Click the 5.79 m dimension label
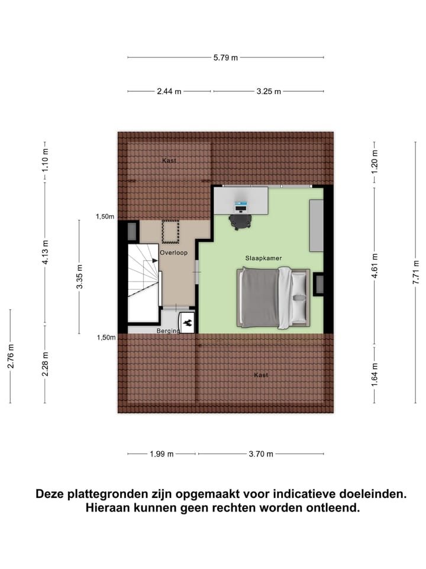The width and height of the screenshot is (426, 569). point(225,57)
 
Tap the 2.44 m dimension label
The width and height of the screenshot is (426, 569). point(169,91)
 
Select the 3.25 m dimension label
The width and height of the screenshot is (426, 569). point(269,91)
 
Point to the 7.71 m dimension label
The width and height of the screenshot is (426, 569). point(416,272)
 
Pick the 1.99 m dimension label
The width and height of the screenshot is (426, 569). point(162,454)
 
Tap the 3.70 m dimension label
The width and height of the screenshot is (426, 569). point(261,454)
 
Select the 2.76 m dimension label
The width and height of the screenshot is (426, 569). point(11,356)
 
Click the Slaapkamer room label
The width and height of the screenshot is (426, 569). point(263,258)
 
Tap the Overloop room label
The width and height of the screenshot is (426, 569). point(173,252)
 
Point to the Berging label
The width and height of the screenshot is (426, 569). point(167,331)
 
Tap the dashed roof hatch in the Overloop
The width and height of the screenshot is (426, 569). point(170,232)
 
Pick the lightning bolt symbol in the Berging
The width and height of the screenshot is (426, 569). point(187,324)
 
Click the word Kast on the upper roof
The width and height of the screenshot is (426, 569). point(169,160)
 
